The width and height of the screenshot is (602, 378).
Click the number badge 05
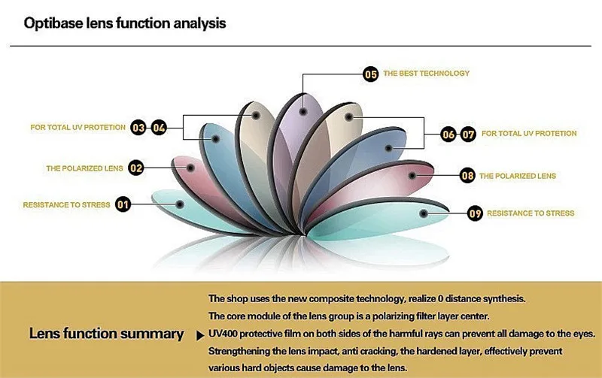370,74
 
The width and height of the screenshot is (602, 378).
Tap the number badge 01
123,204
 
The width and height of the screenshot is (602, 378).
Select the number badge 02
136,168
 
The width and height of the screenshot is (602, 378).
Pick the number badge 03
138,128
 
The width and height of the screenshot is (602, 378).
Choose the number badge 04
159,128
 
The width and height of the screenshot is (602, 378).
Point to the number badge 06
448,135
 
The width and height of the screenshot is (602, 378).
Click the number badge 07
467,135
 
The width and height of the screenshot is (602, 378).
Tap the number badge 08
467,176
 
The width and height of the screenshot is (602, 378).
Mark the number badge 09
475,213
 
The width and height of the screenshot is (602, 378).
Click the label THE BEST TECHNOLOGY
426,73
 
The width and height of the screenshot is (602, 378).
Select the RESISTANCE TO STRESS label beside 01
66,205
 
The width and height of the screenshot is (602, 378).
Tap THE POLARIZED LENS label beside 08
518,176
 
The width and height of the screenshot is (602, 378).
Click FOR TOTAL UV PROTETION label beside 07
529,134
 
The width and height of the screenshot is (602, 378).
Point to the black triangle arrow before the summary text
200,336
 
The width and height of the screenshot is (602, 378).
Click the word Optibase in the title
53,23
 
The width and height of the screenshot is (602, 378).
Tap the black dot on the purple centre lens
303,112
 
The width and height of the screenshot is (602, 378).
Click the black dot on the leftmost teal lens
180,204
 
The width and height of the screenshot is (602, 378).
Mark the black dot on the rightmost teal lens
424,213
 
